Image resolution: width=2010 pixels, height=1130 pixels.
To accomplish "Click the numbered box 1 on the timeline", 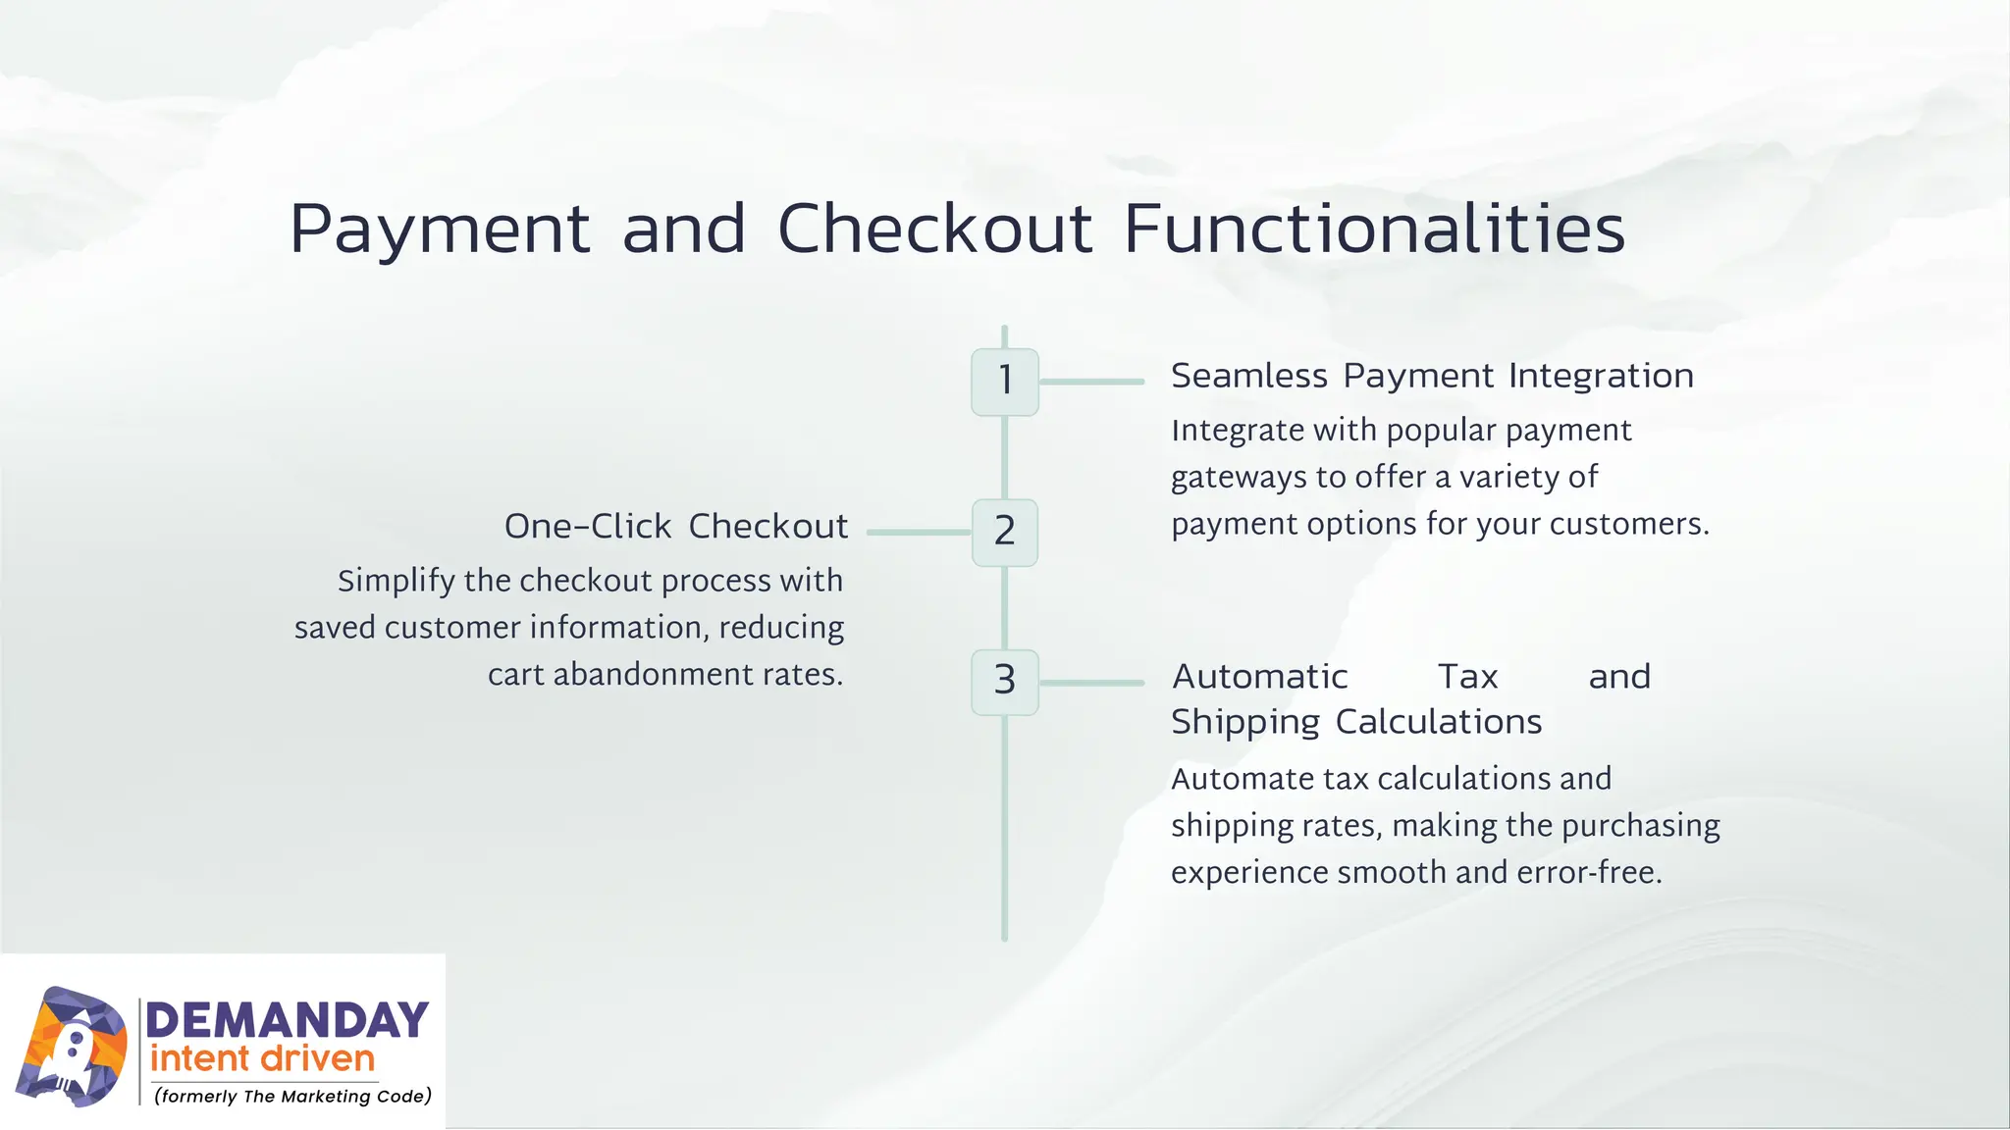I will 1004,382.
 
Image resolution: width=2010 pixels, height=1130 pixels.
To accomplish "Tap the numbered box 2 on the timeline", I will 1004,532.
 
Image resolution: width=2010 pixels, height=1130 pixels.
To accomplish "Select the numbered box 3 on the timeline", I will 1004,682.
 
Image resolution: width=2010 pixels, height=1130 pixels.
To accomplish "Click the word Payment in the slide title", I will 440,231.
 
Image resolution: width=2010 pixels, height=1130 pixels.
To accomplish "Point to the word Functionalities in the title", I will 1374,229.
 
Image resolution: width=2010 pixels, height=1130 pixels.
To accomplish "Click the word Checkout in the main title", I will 934,229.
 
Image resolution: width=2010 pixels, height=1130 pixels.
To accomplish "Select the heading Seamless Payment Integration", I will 1432,376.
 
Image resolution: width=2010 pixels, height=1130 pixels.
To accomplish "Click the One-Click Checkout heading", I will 675,527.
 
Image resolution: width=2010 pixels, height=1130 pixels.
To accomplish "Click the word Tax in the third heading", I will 1467,677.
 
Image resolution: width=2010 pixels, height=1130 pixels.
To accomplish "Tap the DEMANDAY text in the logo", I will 287,1021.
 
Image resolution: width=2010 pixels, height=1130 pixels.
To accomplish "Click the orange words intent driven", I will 262,1059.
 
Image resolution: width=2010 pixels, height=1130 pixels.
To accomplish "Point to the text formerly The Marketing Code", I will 292,1097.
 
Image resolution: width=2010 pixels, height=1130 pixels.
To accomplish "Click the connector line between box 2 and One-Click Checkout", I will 919,532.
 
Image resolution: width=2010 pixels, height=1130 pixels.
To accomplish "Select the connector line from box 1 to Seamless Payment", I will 1091,382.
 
